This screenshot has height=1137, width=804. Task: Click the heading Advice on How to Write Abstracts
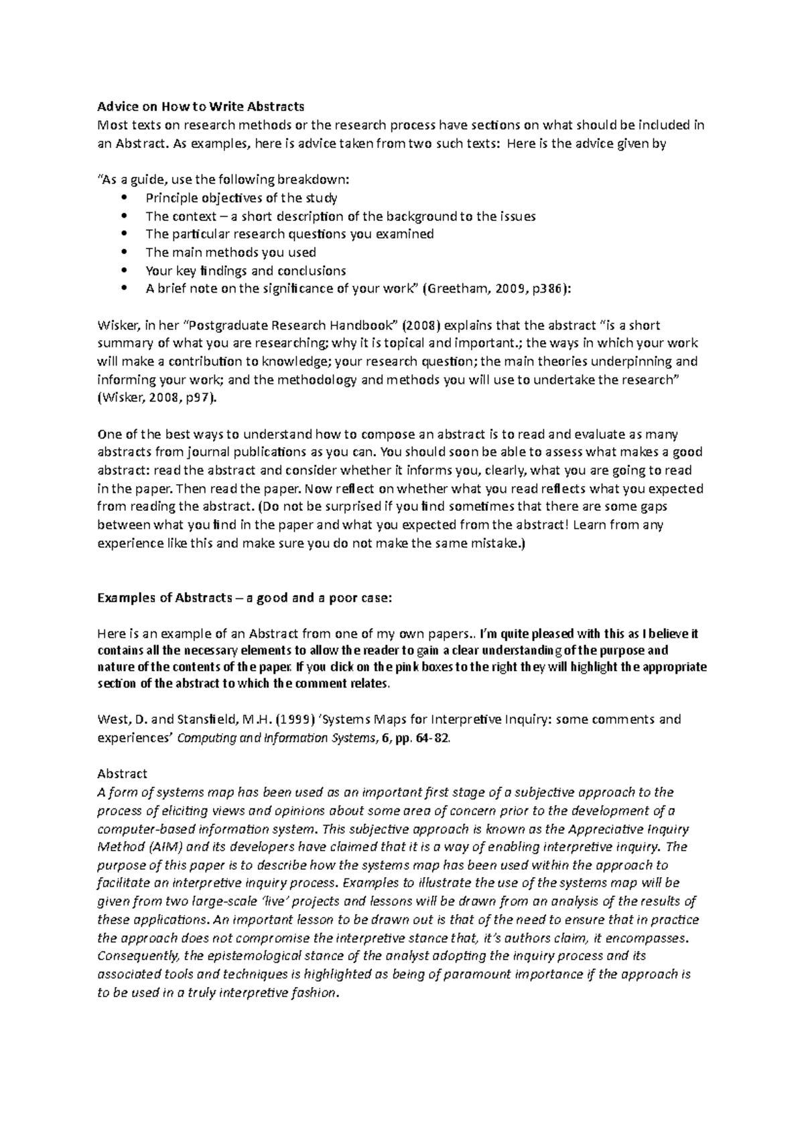[x=200, y=106]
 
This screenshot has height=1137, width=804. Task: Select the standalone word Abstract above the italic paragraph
[x=122, y=774]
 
